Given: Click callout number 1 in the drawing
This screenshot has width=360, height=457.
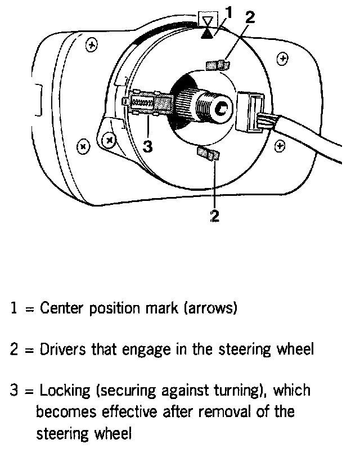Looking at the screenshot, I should [228, 11].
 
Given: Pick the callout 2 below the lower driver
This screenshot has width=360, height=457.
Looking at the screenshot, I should [214, 216].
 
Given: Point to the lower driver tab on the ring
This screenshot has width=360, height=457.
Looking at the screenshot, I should [208, 153].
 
